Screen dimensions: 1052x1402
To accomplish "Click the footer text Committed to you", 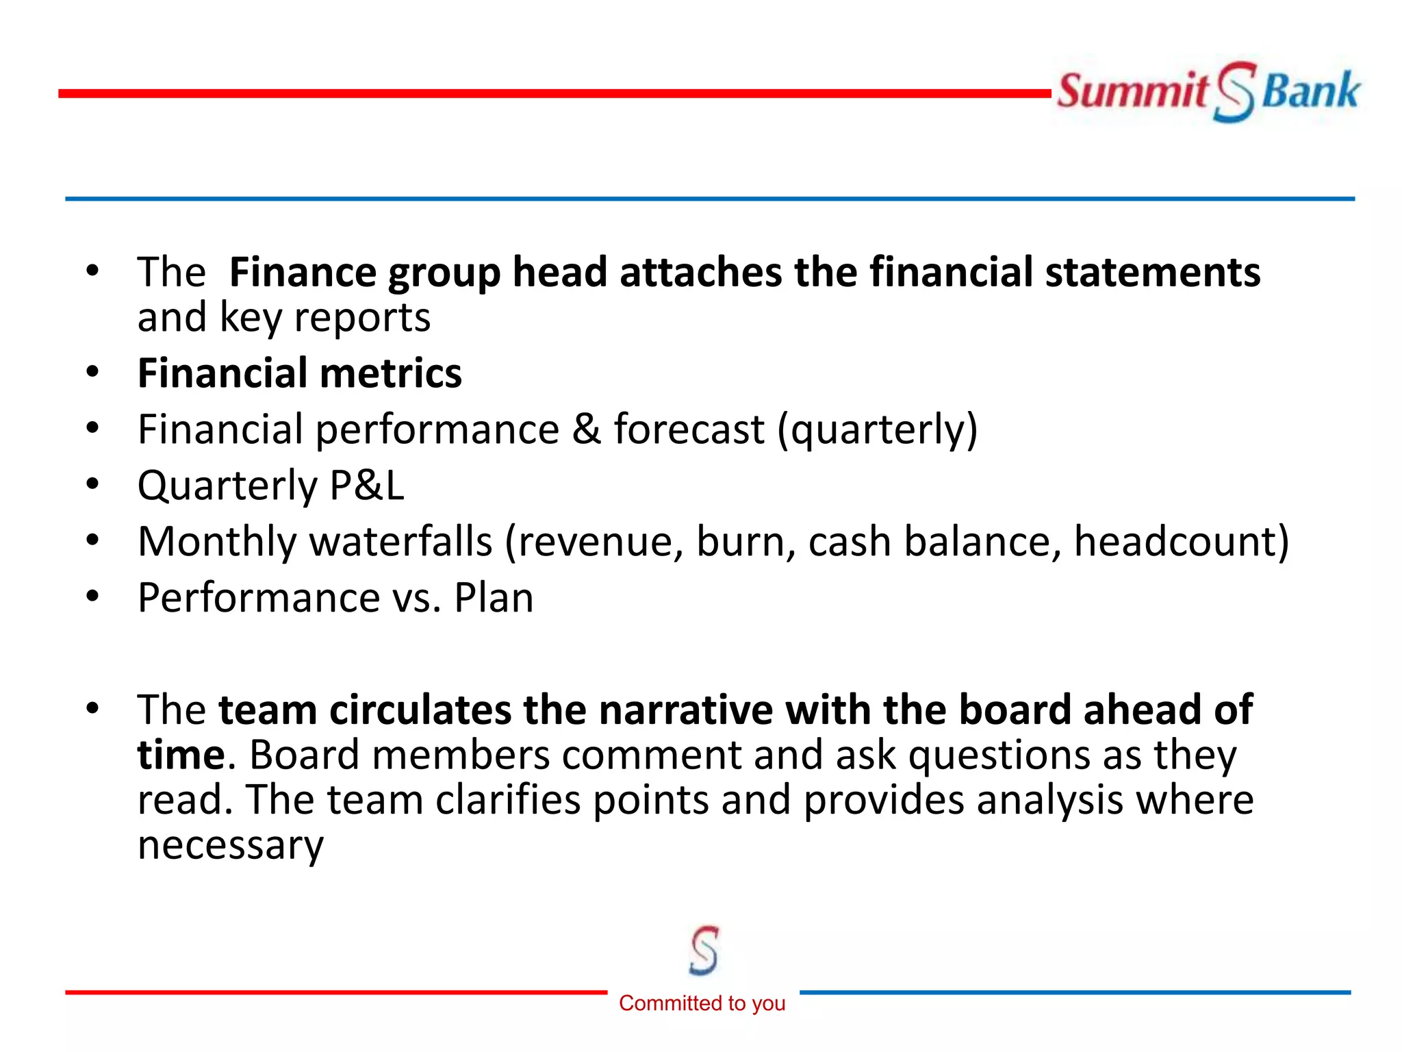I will click(702, 1003).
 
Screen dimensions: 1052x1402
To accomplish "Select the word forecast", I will click(689, 429).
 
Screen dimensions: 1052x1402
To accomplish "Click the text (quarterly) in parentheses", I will click(878, 429).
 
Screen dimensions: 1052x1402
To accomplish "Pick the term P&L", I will click(367, 486).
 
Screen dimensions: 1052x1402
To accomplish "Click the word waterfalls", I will click(401, 542).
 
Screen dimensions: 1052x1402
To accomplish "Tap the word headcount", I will click(1181, 542).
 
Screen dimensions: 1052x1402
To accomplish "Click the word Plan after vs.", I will click(494, 598).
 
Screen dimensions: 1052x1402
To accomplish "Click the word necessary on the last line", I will click(231, 844).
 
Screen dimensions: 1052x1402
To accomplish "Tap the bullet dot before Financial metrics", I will click(92, 372).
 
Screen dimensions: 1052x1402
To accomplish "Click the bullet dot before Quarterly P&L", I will click(92, 484).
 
